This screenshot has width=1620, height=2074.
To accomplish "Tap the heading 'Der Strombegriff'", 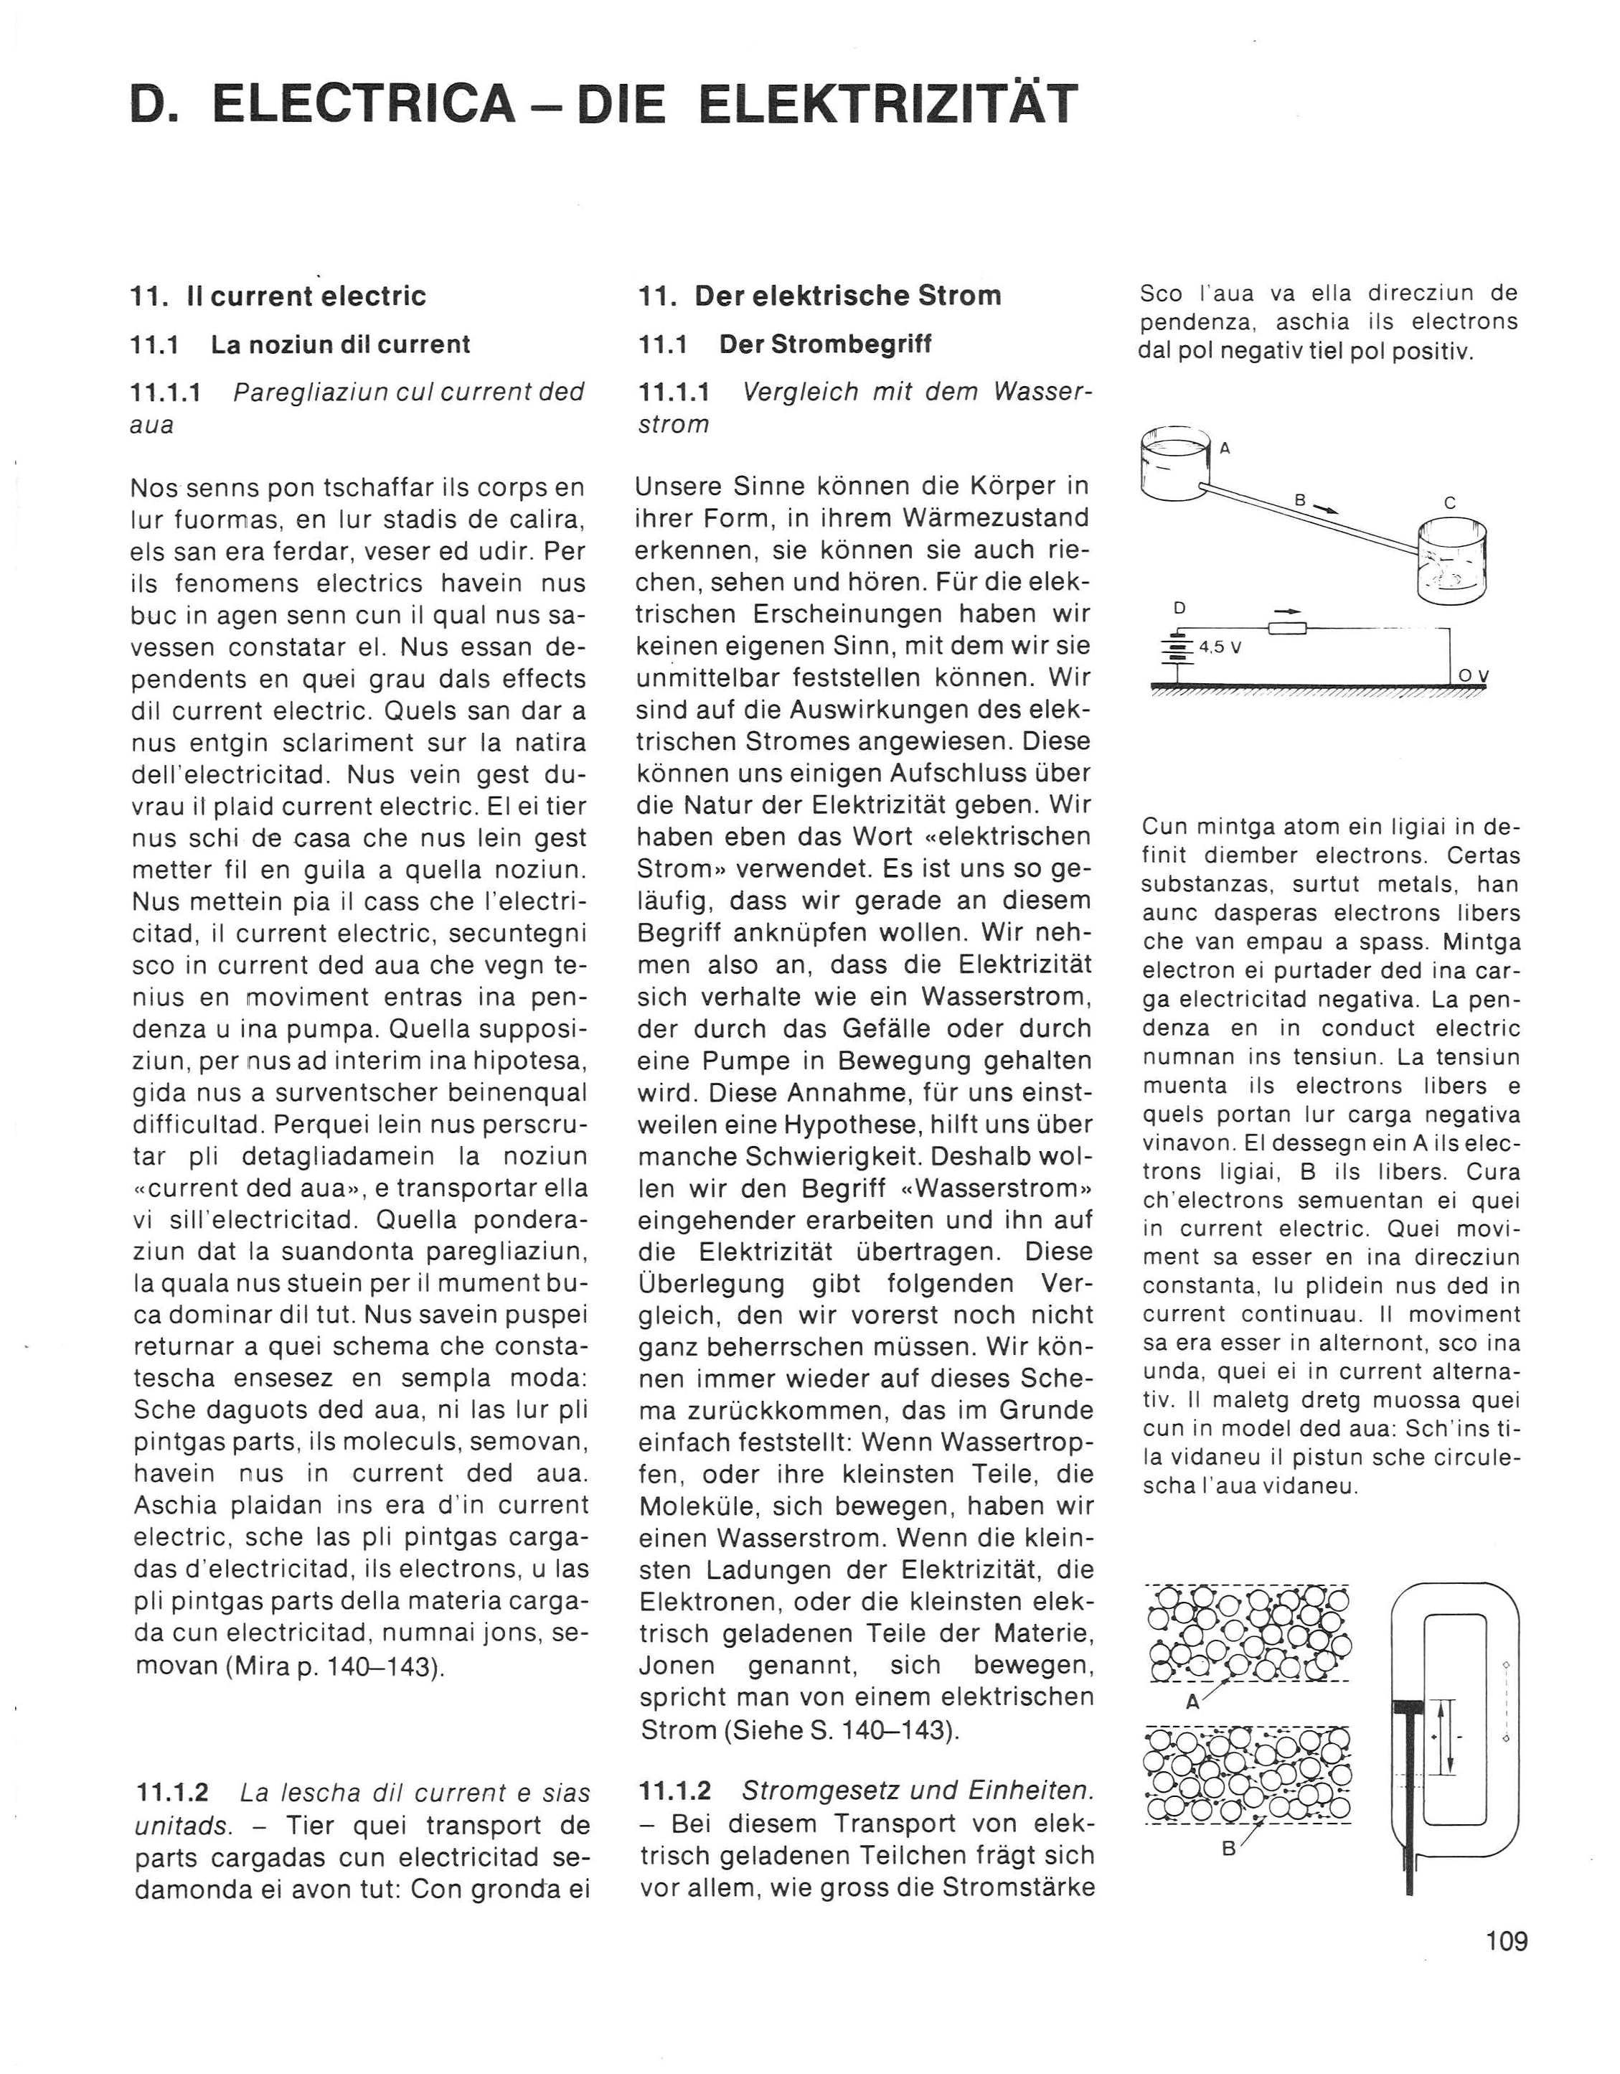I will [824, 344].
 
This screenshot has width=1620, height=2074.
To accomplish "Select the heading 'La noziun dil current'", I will [340, 344].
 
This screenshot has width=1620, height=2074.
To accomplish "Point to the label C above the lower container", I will [1449, 503].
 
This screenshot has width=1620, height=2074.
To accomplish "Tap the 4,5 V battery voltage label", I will [1221, 649].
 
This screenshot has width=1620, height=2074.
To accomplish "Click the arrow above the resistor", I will [1286, 611].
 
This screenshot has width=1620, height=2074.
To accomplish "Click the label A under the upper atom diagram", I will [1194, 1703].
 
